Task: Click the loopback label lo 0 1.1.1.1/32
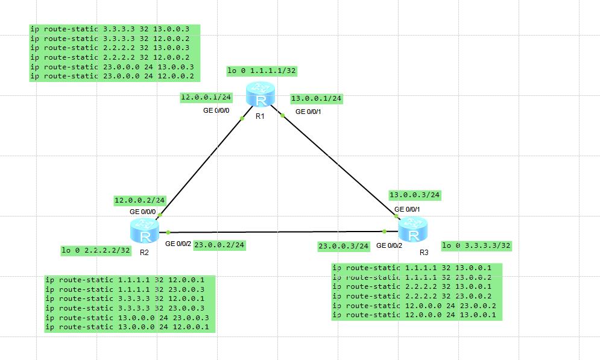262,71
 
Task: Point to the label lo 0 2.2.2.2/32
96,251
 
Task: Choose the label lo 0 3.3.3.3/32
476,245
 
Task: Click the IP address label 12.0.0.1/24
206,97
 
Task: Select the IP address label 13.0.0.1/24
316,98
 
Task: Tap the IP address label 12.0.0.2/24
139,200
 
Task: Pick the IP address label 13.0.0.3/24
415,195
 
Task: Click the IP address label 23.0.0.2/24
219,245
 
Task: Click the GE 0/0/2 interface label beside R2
178,244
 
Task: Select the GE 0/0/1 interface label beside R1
308,112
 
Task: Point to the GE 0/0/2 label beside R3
389,245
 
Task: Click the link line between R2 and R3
277,232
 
